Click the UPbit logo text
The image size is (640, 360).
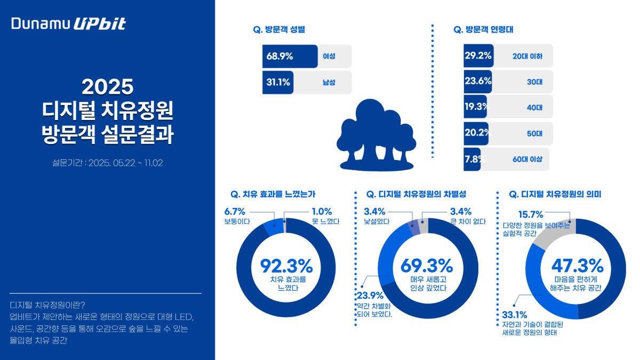point(99,24)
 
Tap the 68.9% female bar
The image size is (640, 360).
point(290,56)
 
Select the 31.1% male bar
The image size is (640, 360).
point(278,82)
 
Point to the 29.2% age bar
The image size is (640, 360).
point(478,55)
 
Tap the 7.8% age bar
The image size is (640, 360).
point(472,159)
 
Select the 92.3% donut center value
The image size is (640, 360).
point(286,265)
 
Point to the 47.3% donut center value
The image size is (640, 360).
point(577,265)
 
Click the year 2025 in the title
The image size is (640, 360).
point(107,87)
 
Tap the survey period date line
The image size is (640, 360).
point(107,163)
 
